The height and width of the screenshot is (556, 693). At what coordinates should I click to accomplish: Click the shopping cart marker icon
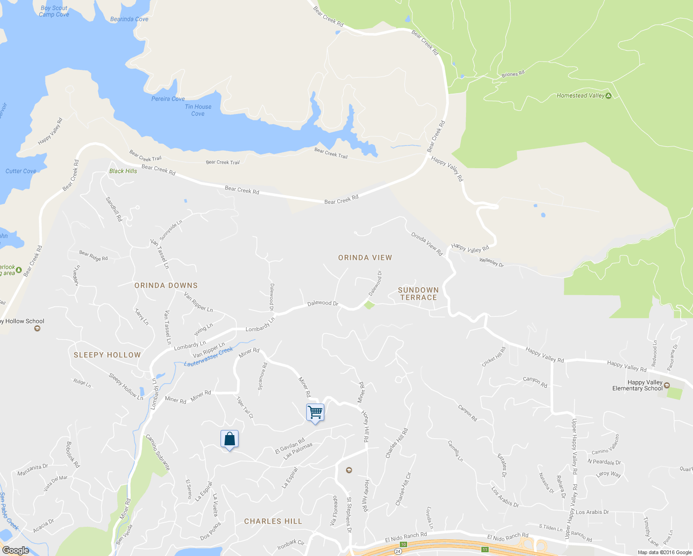click(315, 412)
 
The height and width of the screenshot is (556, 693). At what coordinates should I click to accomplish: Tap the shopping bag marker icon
click(229, 438)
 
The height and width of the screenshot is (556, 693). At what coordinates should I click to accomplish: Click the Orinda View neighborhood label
click(365, 258)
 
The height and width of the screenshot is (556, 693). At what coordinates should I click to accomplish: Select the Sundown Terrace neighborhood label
click(418, 294)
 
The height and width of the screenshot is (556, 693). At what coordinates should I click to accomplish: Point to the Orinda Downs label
click(166, 285)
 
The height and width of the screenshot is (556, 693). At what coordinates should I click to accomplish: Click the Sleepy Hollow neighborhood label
click(107, 355)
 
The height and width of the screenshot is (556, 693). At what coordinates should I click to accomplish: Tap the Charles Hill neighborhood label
click(273, 521)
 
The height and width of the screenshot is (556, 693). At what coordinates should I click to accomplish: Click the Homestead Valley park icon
click(609, 96)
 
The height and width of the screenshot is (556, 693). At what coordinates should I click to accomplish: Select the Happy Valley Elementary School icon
click(667, 385)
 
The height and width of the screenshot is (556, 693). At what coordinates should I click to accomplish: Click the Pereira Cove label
click(168, 99)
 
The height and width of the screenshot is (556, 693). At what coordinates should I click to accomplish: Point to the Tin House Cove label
click(198, 110)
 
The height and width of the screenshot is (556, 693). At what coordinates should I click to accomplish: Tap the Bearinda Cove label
click(129, 19)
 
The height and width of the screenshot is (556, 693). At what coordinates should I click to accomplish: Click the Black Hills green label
click(123, 171)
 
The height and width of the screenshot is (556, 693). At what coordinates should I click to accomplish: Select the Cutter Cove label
click(21, 171)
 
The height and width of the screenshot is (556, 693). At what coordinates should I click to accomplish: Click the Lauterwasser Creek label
click(208, 357)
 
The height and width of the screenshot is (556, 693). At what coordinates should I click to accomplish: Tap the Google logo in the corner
click(16, 550)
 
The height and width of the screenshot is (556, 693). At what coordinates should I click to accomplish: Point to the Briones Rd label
click(513, 74)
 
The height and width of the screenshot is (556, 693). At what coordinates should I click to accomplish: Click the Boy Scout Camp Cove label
click(54, 11)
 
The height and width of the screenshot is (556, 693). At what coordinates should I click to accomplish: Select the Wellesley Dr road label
click(491, 262)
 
